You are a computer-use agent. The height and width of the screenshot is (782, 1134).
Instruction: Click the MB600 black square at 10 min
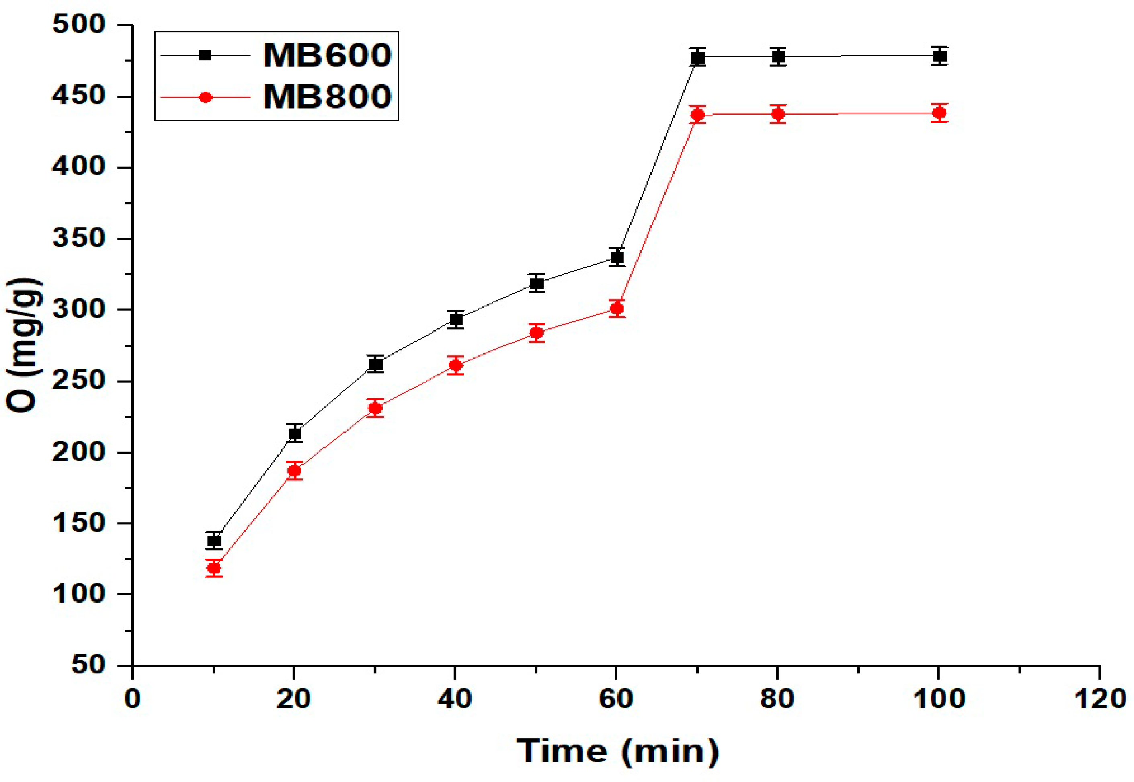tap(214, 541)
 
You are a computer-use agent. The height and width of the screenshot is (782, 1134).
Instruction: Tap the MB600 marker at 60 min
tap(617, 257)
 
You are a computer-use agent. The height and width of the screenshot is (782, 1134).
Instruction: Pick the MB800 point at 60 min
tap(617, 309)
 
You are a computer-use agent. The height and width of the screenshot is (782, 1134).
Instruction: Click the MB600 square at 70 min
tap(698, 58)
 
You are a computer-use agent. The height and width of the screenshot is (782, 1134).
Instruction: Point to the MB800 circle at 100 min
tap(939, 113)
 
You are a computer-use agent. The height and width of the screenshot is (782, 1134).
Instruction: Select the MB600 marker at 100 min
tap(939, 56)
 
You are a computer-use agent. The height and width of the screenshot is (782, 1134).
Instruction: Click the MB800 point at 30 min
tap(375, 408)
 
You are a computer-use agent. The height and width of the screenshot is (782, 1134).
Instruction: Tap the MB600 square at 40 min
tap(456, 320)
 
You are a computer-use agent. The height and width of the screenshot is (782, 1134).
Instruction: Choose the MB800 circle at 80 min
tap(778, 114)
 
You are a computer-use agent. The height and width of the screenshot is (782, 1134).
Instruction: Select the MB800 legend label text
tap(327, 96)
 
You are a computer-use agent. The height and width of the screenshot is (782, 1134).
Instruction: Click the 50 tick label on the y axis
tap(88, 665)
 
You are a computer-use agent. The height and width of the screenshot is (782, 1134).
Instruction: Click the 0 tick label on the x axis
tap(132, 699)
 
